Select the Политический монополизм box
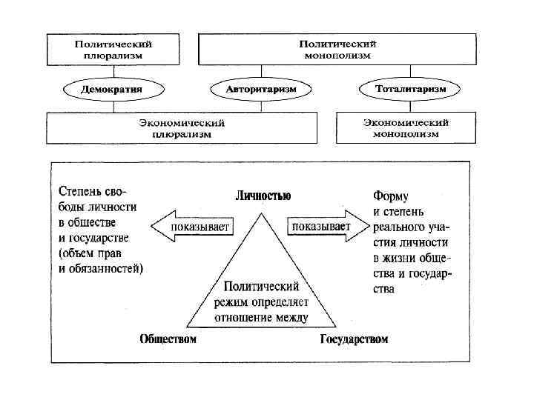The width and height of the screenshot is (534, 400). point(338,49)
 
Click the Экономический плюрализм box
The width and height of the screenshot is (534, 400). point(182,127)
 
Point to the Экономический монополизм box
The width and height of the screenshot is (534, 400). point(406,127)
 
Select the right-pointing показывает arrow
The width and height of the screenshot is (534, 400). point(325,226)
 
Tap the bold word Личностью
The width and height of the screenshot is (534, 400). point(263,196)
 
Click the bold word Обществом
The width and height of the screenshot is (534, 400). point(168,339)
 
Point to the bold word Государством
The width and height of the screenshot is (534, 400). point(354,339)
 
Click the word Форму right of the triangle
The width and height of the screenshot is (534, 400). point(390,196)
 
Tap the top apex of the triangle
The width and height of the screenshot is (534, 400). point(261,214)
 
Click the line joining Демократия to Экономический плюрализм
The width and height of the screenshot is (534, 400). point(113,105)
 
